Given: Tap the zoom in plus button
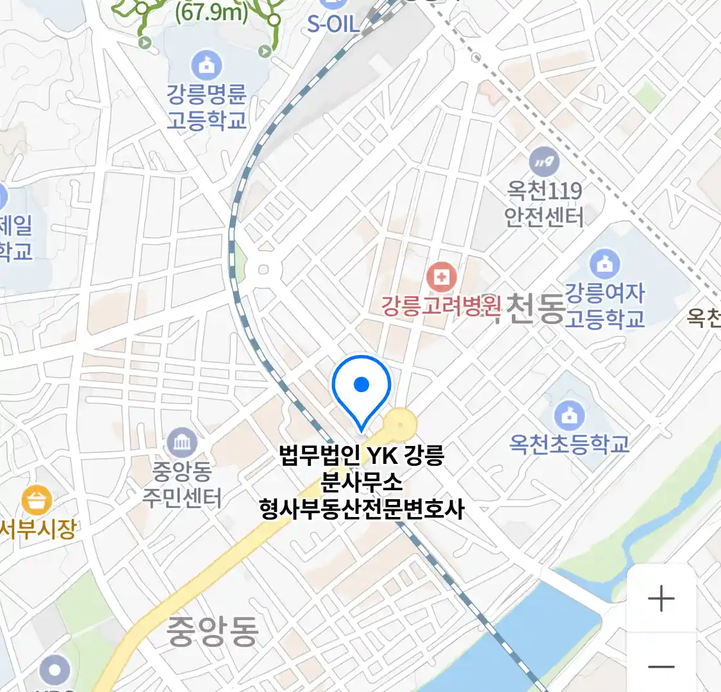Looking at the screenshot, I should (x=661, y=599).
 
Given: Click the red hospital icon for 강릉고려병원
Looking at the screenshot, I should (x=442, y=277).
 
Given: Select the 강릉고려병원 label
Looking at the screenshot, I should (x=440, y=306).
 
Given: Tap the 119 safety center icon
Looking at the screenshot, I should (x=544, y=162).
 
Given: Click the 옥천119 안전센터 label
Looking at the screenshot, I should (x=544, y=204).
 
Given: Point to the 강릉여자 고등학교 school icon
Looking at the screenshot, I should (x=604, y=263).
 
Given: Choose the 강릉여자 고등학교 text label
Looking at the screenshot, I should (x=604, y=306).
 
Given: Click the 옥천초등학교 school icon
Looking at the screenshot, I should (x=568, y=415).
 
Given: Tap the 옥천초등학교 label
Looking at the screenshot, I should (x=569, y=444).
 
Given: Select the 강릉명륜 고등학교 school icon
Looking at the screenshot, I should (x=206, y=65).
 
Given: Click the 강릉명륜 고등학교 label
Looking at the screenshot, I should (x=206, y=107).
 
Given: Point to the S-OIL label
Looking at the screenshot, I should (x=333, y=24).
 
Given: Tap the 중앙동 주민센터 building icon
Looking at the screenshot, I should (x=182, y=443).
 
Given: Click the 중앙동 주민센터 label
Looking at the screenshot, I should (x=182, y=484).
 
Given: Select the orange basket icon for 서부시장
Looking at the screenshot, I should (x=37, y=501).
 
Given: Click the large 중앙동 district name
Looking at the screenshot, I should (x=213, y=630).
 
